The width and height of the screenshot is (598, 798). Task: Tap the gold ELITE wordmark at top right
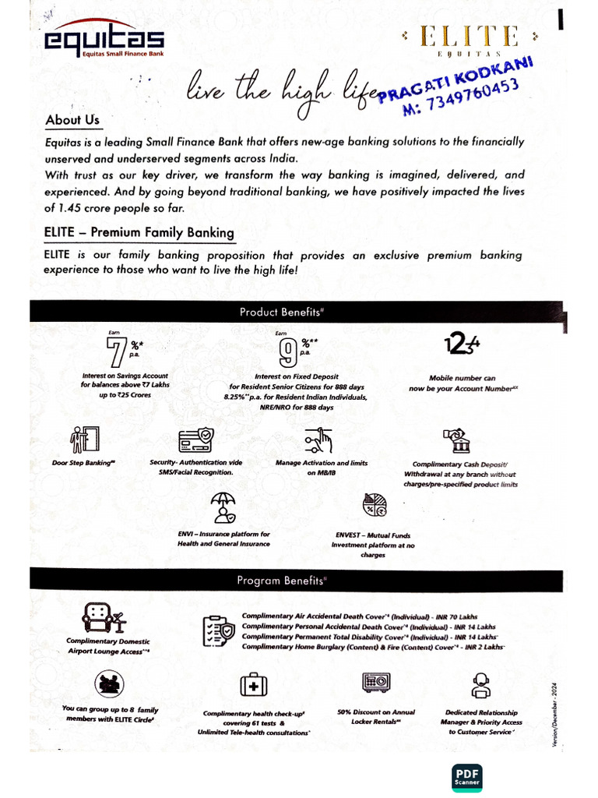(x=470, y=37)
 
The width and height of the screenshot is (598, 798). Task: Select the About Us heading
(x=72, y=120)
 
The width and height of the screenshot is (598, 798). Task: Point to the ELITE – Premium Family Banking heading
(x=139, y=232)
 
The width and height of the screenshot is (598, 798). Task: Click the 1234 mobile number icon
(x=462, y=344)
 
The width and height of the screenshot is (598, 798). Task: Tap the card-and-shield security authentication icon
(x=195, y=440)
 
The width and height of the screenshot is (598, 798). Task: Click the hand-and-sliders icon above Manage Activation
(x=319, y=441)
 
